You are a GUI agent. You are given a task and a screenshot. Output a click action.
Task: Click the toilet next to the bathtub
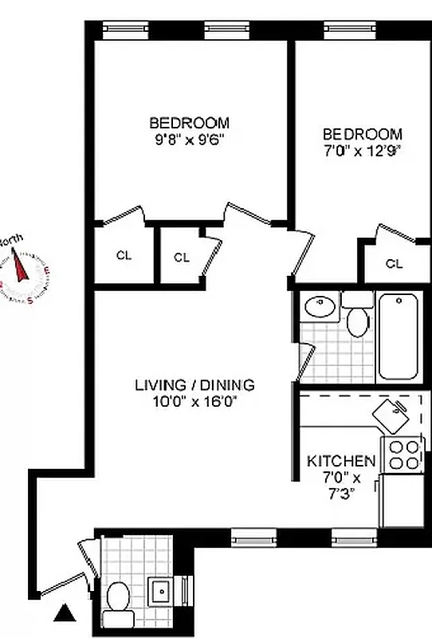point(357,318)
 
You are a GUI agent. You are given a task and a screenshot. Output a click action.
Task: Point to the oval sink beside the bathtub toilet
point(321,307)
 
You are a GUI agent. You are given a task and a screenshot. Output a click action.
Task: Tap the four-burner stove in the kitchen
point(403,455)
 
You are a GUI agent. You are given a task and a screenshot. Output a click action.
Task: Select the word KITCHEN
point(341,461)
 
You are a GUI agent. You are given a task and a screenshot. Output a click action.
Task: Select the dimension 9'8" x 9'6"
point(189,139)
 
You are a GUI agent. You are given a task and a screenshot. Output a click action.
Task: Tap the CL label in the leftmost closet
point(123,256)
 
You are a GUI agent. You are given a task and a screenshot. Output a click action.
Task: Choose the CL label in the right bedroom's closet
point(394,263)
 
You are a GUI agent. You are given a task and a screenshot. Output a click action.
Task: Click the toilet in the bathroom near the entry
point(120,602)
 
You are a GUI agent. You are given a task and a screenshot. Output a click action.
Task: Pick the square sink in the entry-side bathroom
point(162,591)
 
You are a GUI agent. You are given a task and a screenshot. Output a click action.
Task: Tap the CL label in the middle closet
point(181,257)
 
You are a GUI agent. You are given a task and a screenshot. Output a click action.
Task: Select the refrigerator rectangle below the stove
point(402,500)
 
